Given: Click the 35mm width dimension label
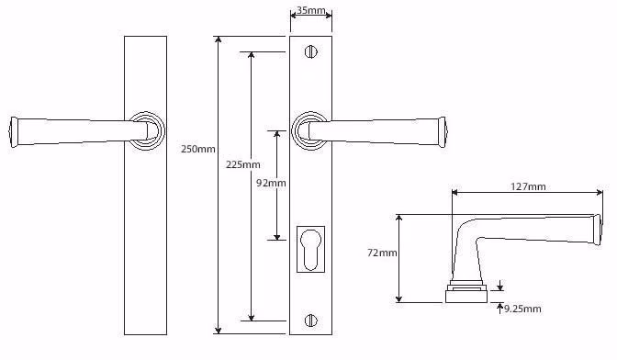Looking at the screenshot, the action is (x=311, y=10).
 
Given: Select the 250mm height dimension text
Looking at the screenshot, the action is (x=198, y=149).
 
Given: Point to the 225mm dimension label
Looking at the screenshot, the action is (x=242, y=164).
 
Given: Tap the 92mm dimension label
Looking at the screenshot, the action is (x=271, y=183).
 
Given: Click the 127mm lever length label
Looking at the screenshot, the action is (x=528, y=186).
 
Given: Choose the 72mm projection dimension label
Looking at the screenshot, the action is (x=382, y=253).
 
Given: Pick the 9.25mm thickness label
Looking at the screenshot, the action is (x=522, y=309).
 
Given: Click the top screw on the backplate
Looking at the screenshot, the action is (x=311, y=51).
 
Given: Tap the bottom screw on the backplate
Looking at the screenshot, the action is (x=311, y=321).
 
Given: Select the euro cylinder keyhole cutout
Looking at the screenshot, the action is (x=310, y=250).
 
